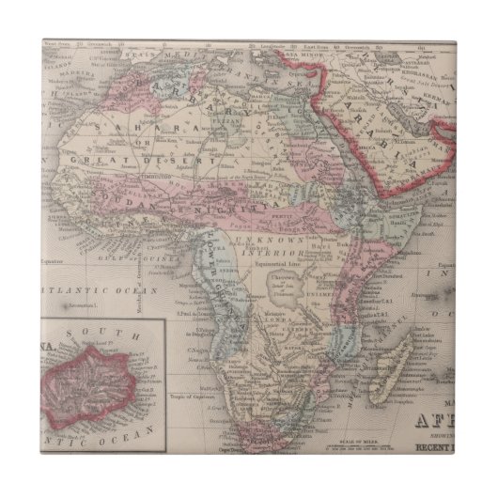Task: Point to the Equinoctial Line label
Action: (288, 265)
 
